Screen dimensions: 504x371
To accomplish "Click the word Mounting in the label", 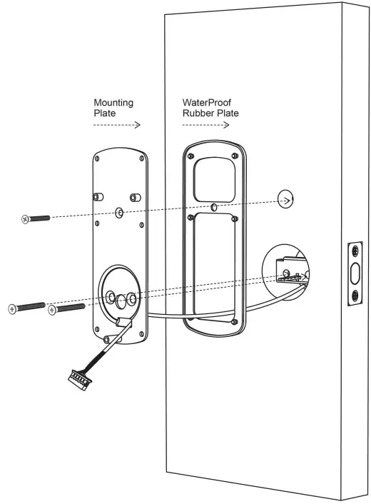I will click(113, 102).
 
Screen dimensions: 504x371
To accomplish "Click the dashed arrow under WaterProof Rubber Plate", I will click(206, 124).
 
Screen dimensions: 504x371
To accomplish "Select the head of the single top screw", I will click(26, 219).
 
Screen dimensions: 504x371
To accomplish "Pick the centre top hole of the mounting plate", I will click(118, 213).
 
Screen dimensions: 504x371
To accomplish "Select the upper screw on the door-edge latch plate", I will click(355, 251).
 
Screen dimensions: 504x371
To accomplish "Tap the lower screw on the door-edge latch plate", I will click(355, 295).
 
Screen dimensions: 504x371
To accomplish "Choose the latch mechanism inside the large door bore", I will click(289, 274).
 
